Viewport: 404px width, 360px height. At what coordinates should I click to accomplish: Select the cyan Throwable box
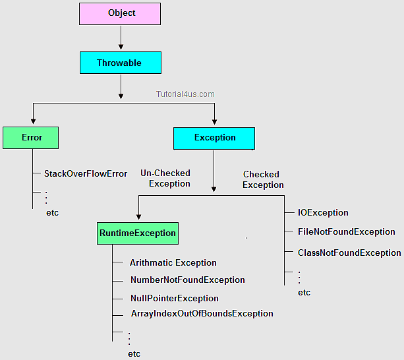tap(119, 63)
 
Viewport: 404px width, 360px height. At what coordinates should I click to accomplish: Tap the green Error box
tap(31, 138)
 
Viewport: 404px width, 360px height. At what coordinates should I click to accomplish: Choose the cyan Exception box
tap(214, 138)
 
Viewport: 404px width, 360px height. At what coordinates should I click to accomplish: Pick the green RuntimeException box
tap(138, 233)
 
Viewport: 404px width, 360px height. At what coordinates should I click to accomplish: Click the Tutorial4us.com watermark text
tap(185, 94)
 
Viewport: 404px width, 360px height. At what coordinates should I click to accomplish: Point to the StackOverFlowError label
tap(86, 174)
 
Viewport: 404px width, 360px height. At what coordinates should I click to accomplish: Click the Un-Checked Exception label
tap(166, 178)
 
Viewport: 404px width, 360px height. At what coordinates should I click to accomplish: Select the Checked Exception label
tap(262, 179)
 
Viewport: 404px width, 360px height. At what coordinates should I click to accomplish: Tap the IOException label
tap(323, 213)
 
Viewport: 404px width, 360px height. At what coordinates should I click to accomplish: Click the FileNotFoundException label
tap(346, 232)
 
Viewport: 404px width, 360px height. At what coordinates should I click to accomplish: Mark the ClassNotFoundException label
tap(349, 253)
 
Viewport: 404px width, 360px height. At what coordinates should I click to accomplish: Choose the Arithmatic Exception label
tap(173, 262)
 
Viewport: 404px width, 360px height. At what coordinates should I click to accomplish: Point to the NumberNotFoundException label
tap(187, 280)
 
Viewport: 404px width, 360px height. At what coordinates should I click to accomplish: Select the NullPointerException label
tap(174, 298)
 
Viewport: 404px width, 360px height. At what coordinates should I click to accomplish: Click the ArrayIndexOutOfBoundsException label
tap(202, 314)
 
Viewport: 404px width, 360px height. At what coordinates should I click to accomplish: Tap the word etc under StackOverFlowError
tap(53, 213)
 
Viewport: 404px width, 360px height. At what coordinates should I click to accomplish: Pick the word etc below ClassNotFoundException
tap(304, 292)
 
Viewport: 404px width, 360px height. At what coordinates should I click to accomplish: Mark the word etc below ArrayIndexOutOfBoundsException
tap(134, 353)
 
